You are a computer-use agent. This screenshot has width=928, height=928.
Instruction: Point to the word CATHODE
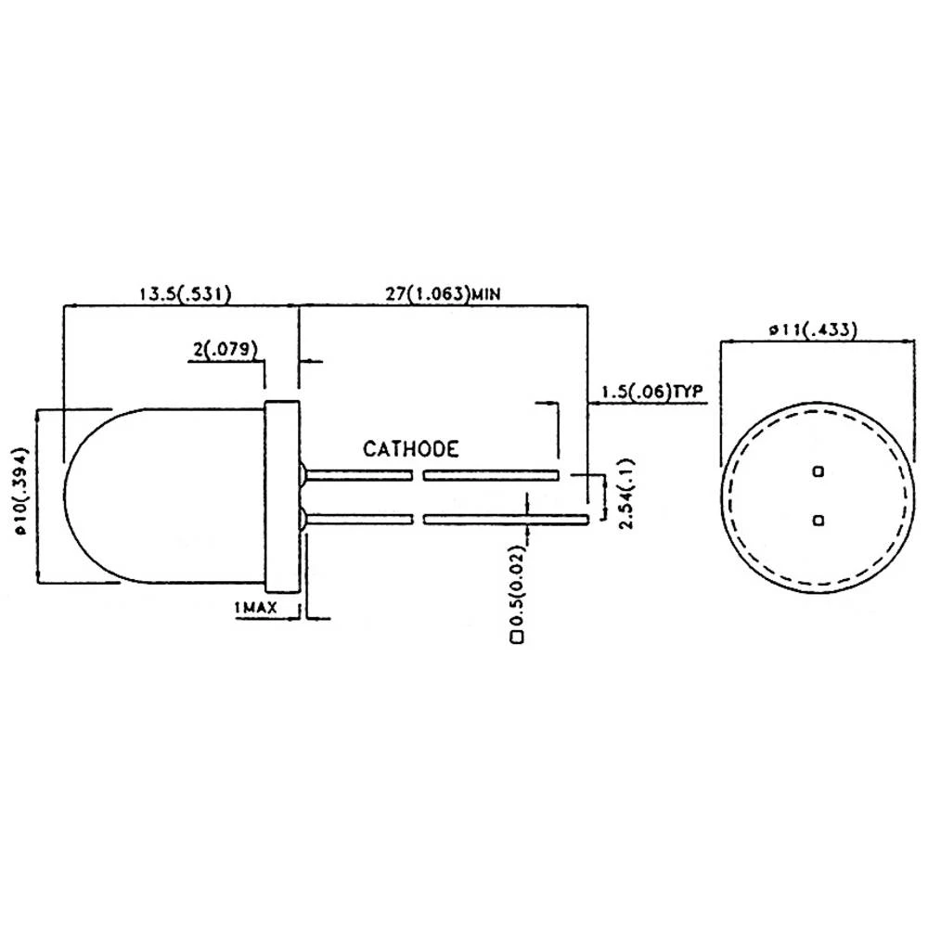pyautogui.click(x=410, y=450)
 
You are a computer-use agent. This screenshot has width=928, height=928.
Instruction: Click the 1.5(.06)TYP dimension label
pyautogui.click(x=649, y=393)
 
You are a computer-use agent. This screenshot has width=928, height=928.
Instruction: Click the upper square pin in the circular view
pyautogui.click(x=818, y=471)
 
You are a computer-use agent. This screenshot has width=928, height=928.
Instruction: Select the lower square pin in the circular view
pyautogui.click(x=818, y=521)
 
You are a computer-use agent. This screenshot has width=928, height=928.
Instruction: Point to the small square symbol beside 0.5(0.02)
pyautogui.click(x=516, y=638)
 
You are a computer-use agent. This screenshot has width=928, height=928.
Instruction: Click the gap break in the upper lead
pyautogui.click(x=418, y=475)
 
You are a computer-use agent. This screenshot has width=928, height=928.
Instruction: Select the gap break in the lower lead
pyautogui.click(x=418, y=518)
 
